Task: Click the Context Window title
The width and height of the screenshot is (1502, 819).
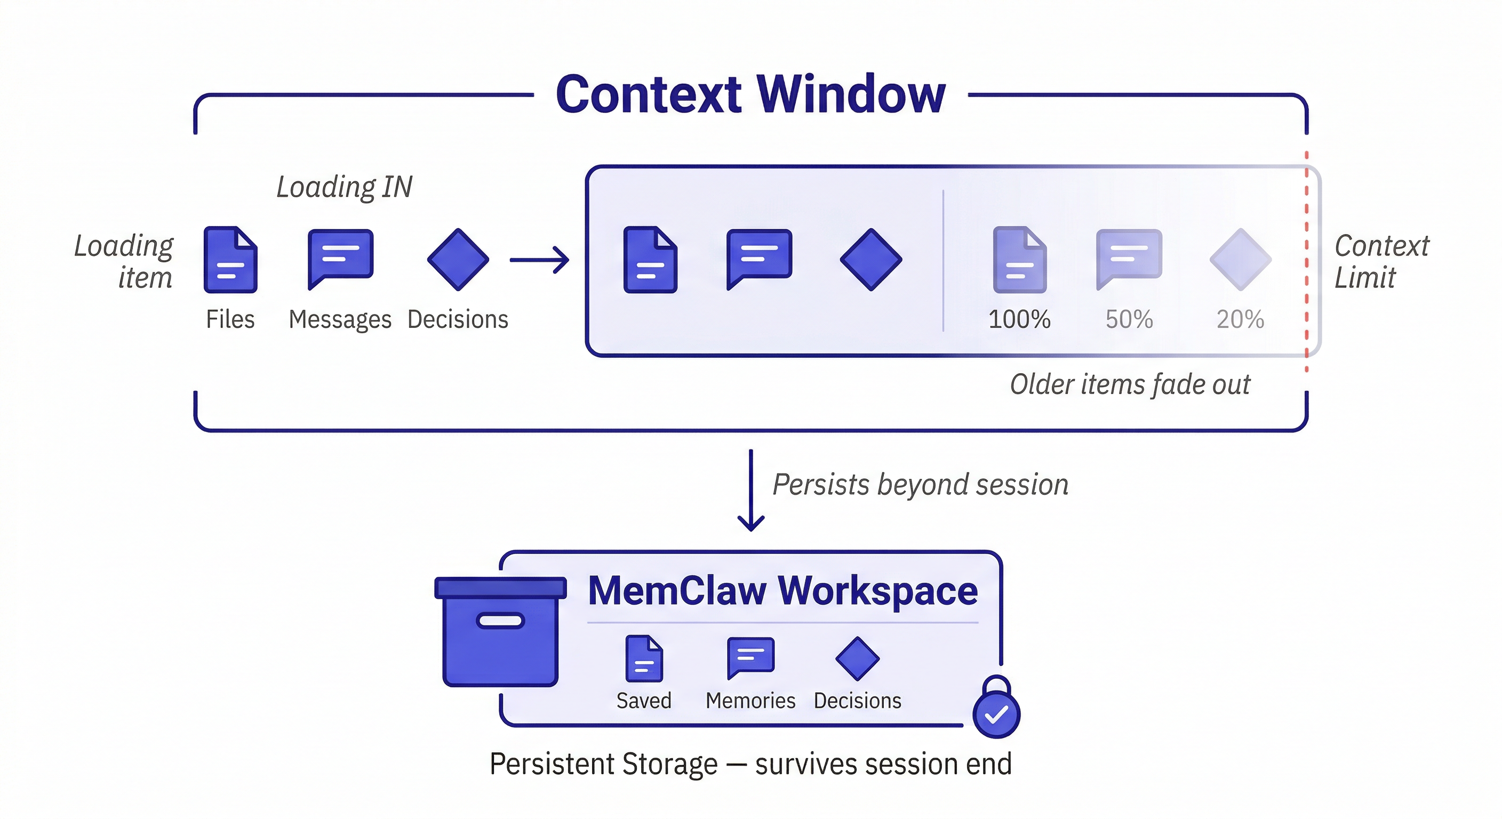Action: point(750,94)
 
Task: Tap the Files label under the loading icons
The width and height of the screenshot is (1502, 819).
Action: point(230,319)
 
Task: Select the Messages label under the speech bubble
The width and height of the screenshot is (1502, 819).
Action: point(340,319)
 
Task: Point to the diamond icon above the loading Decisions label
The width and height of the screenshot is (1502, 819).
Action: point(458,259)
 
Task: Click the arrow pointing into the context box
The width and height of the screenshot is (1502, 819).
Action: point(539,260)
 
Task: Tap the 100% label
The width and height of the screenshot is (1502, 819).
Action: point(1019,319)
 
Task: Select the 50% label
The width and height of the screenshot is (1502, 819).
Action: point(1129,319)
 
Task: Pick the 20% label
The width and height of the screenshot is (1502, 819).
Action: point(1240,319)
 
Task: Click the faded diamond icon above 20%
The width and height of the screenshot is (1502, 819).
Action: point(1240,259)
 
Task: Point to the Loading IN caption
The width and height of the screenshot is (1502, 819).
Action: point(344,187)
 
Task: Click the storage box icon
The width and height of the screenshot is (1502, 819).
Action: point(500,631)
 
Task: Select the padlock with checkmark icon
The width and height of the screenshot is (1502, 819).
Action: point(996,708)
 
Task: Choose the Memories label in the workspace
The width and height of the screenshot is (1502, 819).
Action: point(750,701)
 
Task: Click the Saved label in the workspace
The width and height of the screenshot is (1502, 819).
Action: point(644,701)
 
